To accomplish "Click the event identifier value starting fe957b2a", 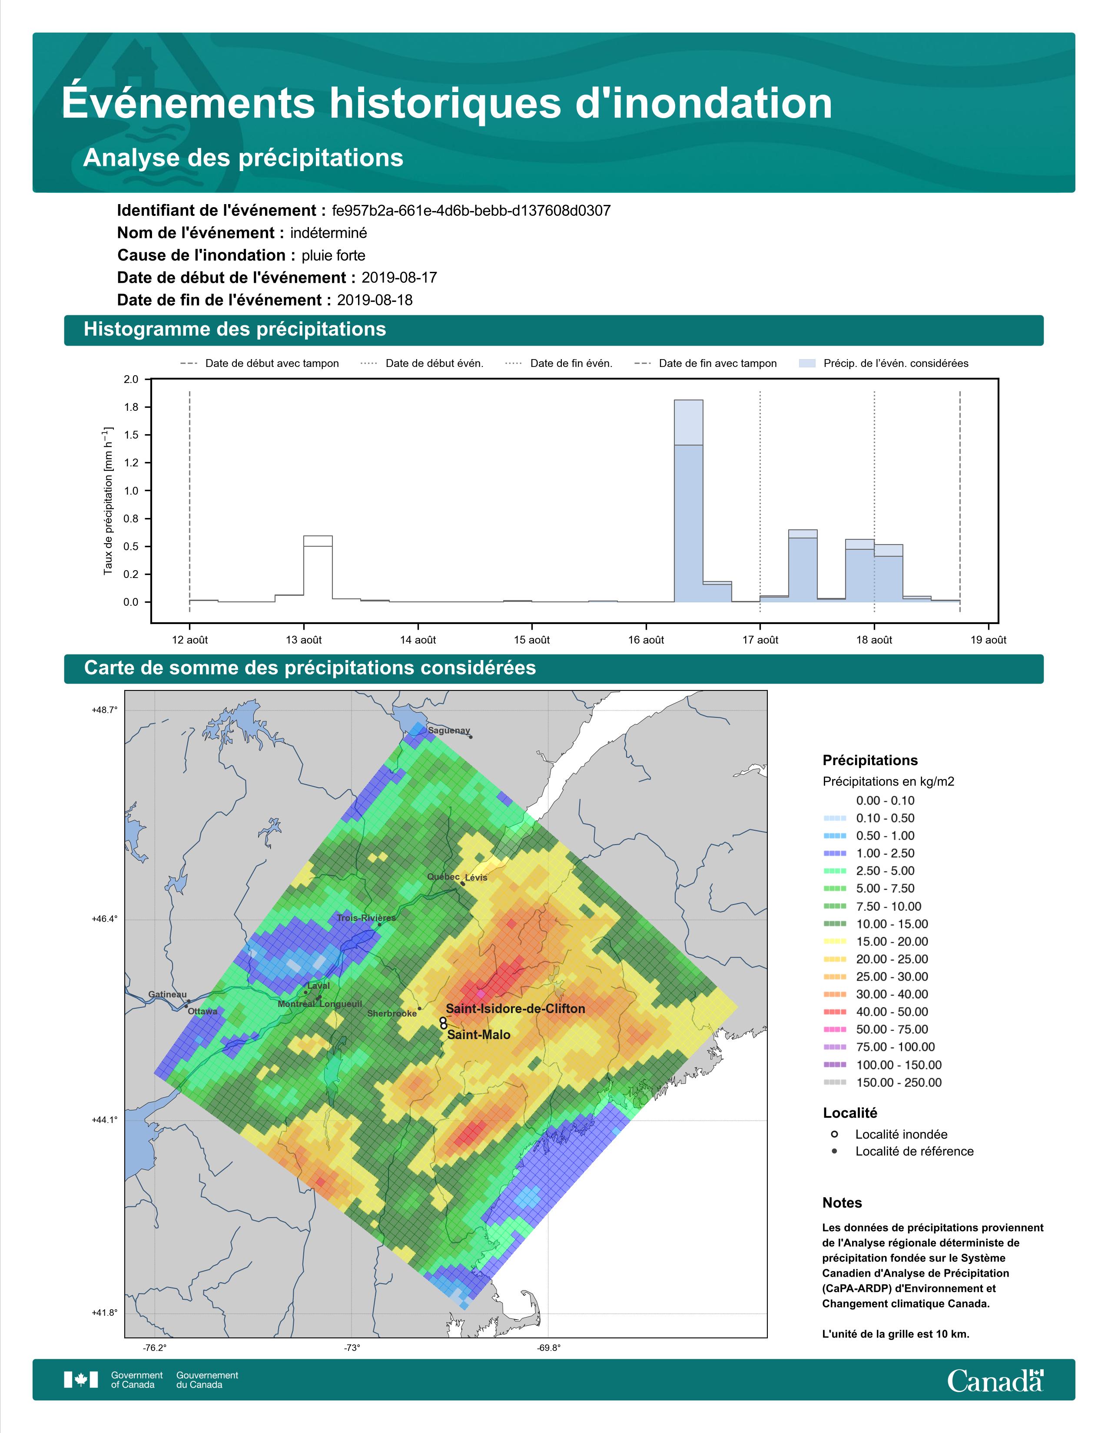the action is pyautogui.click(x=471, y=211).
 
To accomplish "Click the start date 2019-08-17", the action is pyautogui.click(x=399, y=277).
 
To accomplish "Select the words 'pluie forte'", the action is pyautogui.click(x=333, y=255).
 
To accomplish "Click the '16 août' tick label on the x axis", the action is pyautogui.click(x=646, y=640).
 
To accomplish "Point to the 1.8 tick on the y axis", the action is pyautogui.click(x=131, y=407).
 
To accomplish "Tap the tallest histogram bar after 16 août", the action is pyautogui.click(x=689, y=501).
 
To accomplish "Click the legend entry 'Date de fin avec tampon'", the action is pyautogui.click(x=706, y=363).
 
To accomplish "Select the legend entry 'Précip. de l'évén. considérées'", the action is pyautogui.click(x=883, y=363).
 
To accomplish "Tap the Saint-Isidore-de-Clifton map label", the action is pyautogui.click(x=515, y=1008).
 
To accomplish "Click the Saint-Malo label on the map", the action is pyautogui.click(x=478, y=1035).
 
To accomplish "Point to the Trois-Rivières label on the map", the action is pyautogui.click(x=366, y=918).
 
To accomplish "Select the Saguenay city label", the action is pyautogui.click(x=449, y=730).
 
